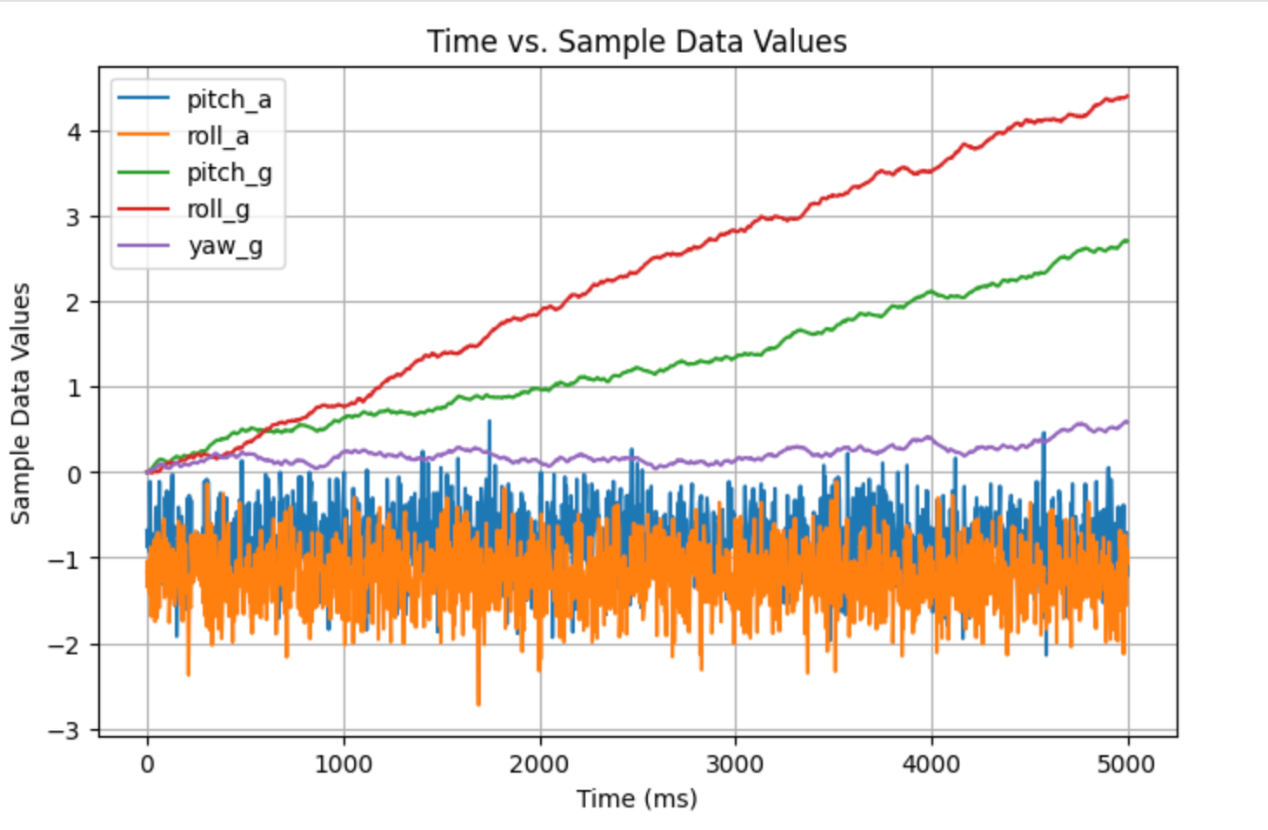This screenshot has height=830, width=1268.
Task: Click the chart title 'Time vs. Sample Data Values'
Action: (x=637, y=42)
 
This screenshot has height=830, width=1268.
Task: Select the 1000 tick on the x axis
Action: (x=344, y=765)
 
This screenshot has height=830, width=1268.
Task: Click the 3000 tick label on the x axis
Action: (x=736, y=765)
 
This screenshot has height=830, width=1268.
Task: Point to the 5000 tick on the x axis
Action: (x=1128, y=765)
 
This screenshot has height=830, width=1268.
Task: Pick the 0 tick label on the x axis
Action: (x=147, y=765)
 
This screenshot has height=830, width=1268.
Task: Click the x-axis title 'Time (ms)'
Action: (x=637, y=799)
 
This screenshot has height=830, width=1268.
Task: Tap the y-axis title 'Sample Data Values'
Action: (x=21, y=403)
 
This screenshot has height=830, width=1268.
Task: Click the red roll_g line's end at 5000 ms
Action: (x=1128, y=97)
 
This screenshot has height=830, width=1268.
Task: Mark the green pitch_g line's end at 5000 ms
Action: (x=1128, y=241)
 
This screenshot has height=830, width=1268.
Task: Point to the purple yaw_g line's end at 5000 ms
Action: (x=1128, y=422)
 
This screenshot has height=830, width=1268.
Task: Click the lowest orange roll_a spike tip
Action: (x=478, y=704)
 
